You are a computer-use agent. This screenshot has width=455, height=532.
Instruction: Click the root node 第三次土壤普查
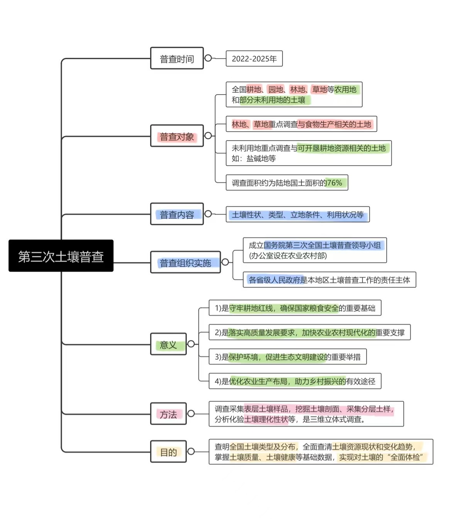pyautogui.click(x=61, y=256)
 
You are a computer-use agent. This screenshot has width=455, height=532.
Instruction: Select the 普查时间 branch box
pyautogui.click(x=177, y=58)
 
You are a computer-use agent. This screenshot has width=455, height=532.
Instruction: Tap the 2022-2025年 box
pyautogui.click(x=254, y=59)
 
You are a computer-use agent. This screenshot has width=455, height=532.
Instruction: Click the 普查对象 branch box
pyautogui.click(x=177, y=136)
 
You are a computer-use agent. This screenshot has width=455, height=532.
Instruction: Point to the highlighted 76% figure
pyautogui.click(x=334, y=183)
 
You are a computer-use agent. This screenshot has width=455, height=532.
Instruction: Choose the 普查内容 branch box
pyautogui.click(x=177, y=214)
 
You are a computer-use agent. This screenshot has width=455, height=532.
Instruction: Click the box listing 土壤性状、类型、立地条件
pyautogui.click(x=298, y=214)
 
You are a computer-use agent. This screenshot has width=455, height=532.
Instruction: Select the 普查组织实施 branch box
pyautogui.click(x=185, y=262)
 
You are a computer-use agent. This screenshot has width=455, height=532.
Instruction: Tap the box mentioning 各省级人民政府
pyautogui.click(x=329, y=280)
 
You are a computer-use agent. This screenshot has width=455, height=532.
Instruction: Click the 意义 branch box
pyautogui.click(x=168, y=344)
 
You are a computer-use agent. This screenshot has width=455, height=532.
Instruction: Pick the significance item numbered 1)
pyautogui.click(x=295, y=308)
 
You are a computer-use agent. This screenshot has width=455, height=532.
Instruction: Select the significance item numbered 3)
pyautogui.click(x=288, y=357)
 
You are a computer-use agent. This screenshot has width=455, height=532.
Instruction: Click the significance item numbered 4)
pyautogui.click(x=295, y=381)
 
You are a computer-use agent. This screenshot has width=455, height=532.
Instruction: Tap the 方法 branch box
pyautogui.click(x=168, y=414)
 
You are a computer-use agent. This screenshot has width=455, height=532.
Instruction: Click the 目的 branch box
pyautogui.click(x=168, y=452)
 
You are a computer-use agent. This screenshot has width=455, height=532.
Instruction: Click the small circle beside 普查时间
pyautogui.click(x=208, y=58)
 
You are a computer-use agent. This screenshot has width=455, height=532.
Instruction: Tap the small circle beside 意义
pyautogui.click(x=191, y=344)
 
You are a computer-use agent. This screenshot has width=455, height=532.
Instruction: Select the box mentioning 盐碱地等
pyautogui.click(x=308, y=153)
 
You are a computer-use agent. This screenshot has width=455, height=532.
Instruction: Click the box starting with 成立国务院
pyautogui.click(x=315, y=250)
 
